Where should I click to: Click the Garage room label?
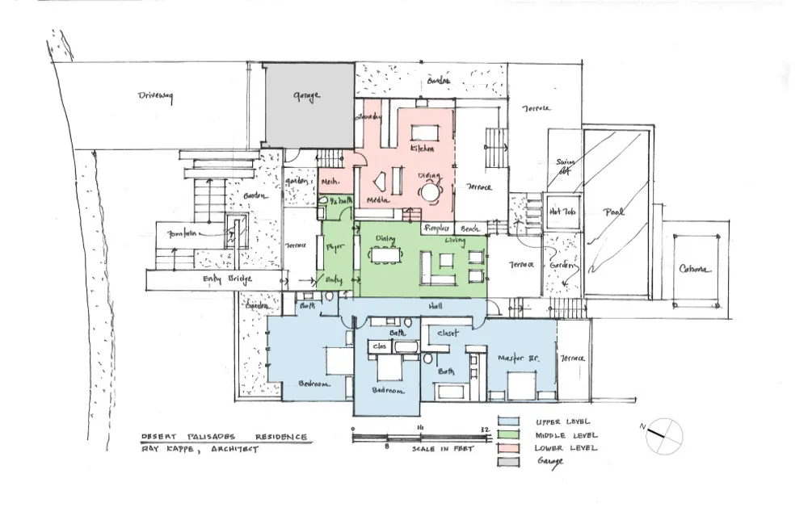tap(306, 96)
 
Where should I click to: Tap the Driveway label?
tap(156, 96)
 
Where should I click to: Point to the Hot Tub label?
tap(562, 212)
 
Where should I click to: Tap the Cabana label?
tap(694, 269)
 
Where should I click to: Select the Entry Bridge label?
tap(228, 279)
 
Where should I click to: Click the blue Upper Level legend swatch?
tap(507, 422)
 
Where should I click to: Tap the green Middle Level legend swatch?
tap(507, 435)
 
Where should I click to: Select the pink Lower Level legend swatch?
tap(507, 448)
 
